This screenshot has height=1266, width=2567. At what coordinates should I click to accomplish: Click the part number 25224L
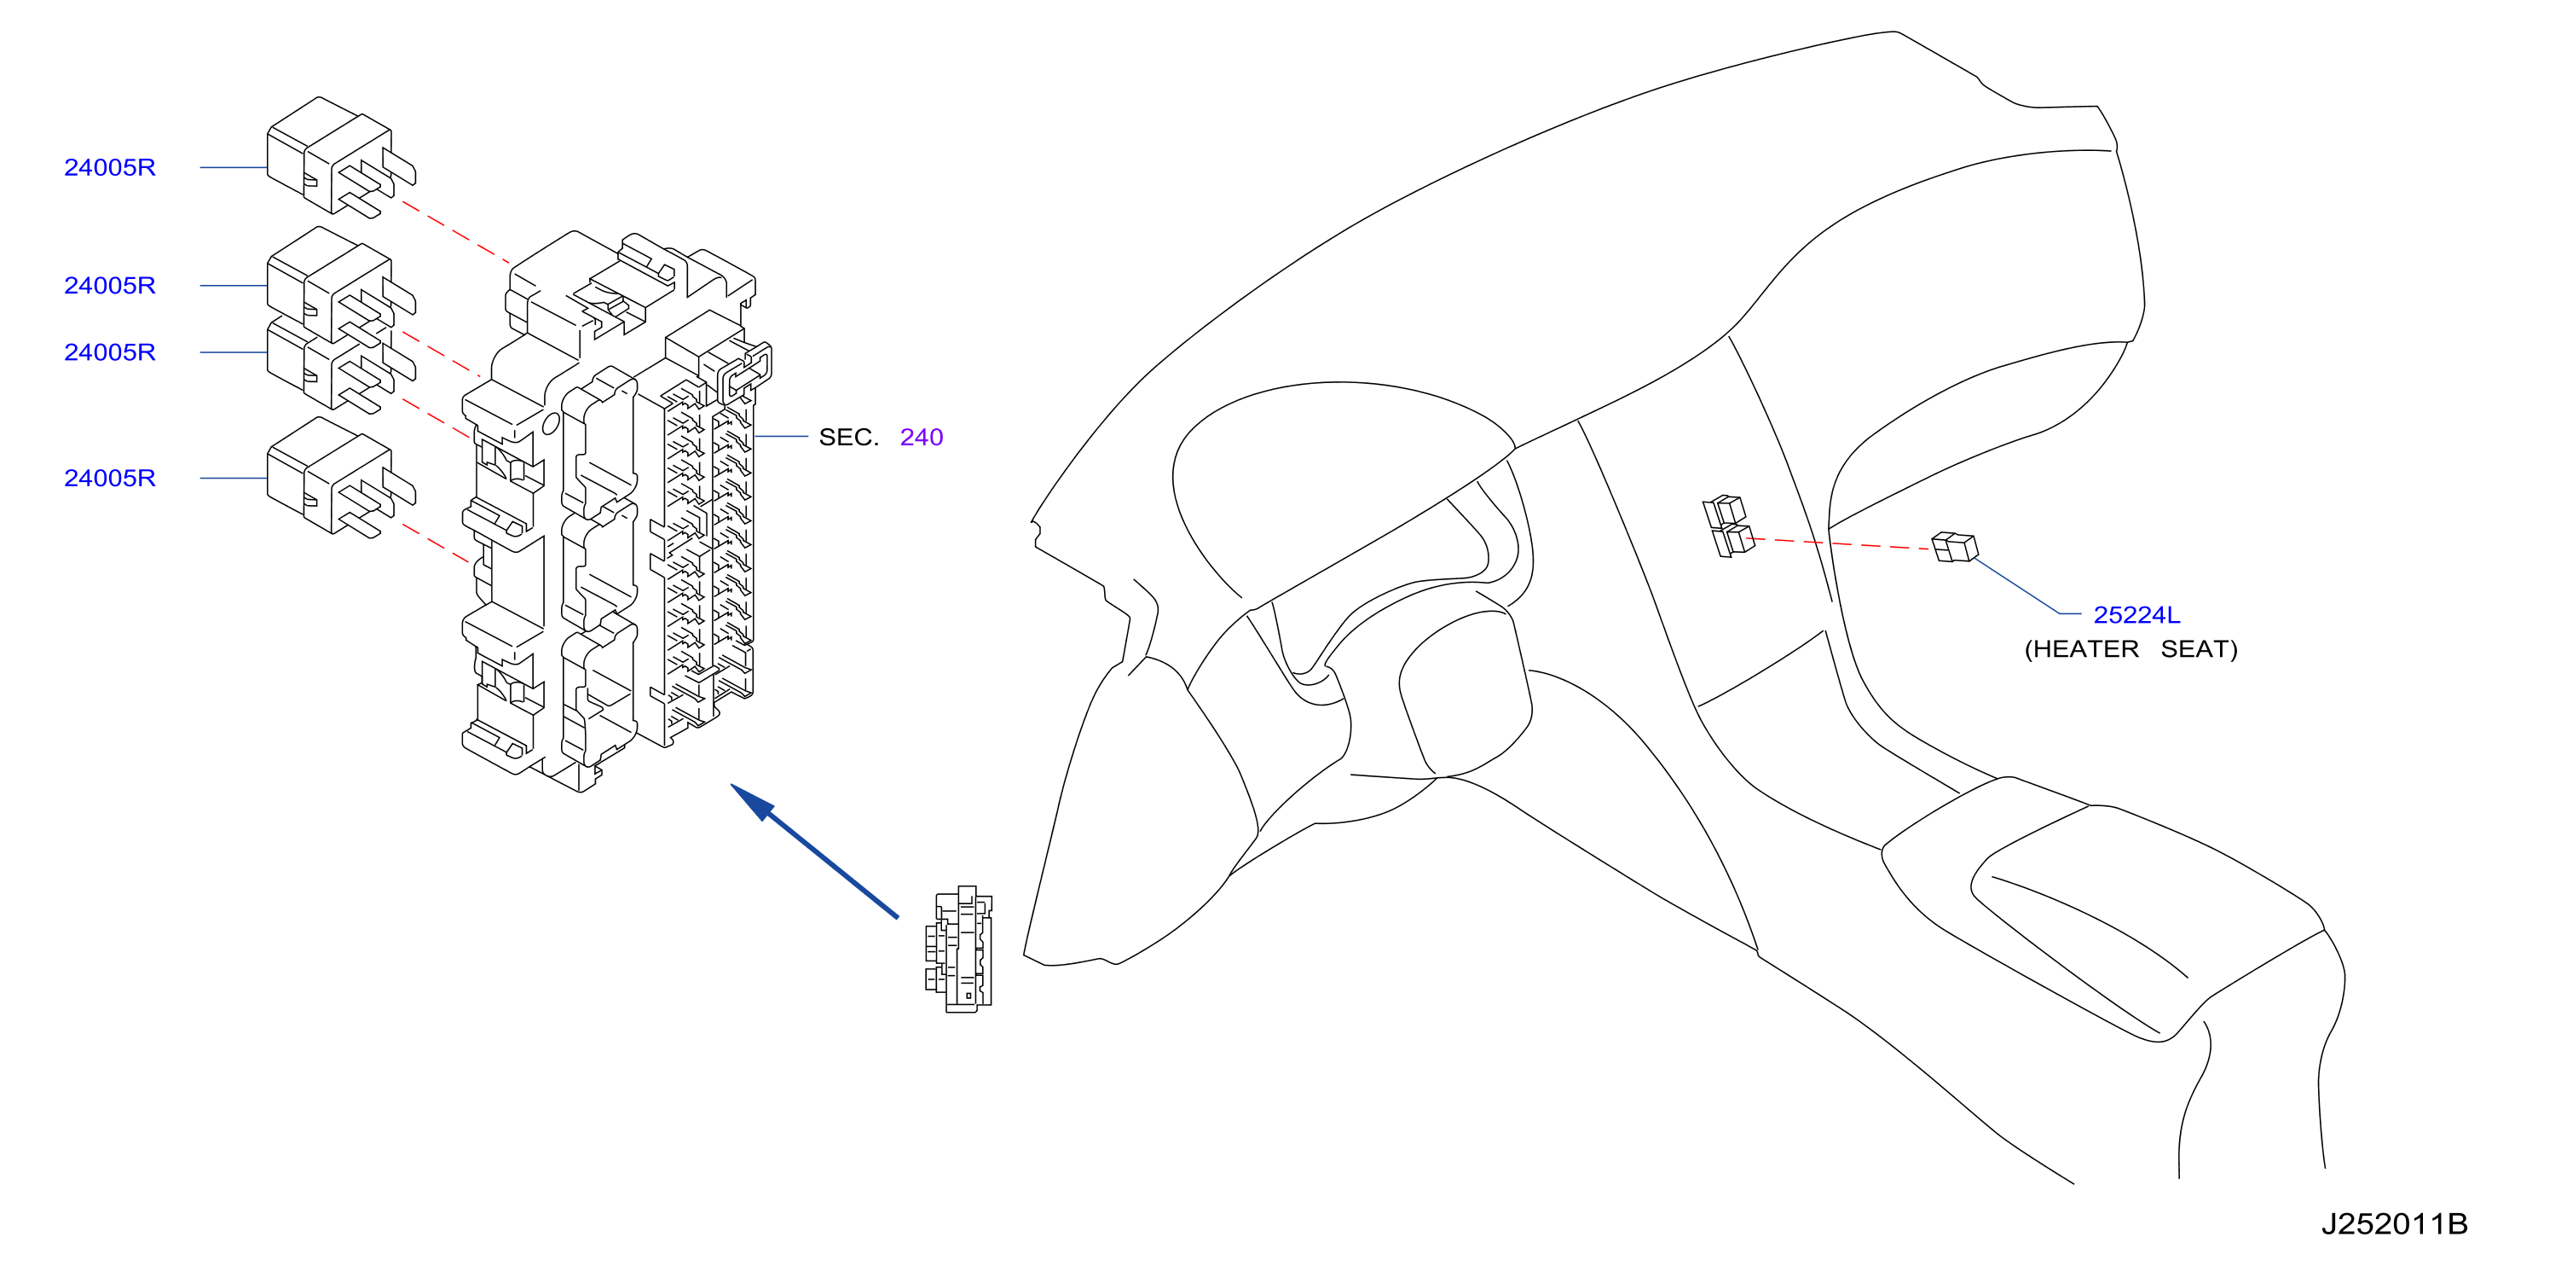pyautogui.click(x=2136, y=615)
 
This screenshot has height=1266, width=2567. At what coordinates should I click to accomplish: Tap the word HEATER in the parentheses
pyautogui.click(x=2084, y=650)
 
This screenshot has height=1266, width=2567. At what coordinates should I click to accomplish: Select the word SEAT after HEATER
pyautogui.click(x=2194, y=650)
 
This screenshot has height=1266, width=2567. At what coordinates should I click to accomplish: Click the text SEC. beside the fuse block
pyautogui.click(x=848, y=437)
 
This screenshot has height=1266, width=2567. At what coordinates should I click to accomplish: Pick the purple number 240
pyautogui.click(x=921, y=437)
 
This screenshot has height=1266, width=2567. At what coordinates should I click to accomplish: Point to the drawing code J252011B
pyautogui.click(x=2394, y=1223)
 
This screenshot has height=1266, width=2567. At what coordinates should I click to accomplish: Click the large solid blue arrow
pyautogui.click(x=814, y=851)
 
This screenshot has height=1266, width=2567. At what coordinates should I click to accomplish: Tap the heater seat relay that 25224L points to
pyautogui.click(x=1954, y=548)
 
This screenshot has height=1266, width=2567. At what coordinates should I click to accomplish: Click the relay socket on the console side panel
pyautogui.click(x=1727, y=526)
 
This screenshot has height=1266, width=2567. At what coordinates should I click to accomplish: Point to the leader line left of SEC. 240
pyautogui.click(x=780, y=437)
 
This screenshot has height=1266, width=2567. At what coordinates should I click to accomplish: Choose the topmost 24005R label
pyautogui.click(x=110, y=167)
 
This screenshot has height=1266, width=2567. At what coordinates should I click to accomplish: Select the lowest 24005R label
pyautogui.click(x=110, y=479)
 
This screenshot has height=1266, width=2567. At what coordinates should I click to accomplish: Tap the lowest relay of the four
pyautogui.click(x=341, y=478)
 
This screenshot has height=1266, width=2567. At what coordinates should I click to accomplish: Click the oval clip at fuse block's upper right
pyautogui.click(x=744, y=372)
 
